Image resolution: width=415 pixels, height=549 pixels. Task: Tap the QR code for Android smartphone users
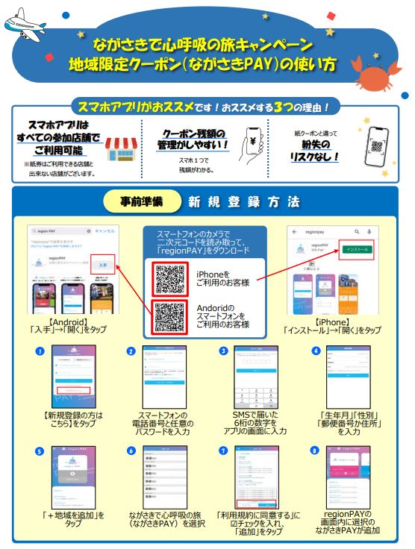(169, 316)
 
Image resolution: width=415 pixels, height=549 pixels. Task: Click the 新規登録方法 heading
(243, 201)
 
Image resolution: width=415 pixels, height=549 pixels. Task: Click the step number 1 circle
(38, 351)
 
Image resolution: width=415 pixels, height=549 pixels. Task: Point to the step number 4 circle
(315, 351)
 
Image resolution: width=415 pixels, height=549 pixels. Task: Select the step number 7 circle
(223, 451)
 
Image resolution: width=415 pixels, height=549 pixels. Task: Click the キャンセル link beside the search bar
(104, 231)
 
